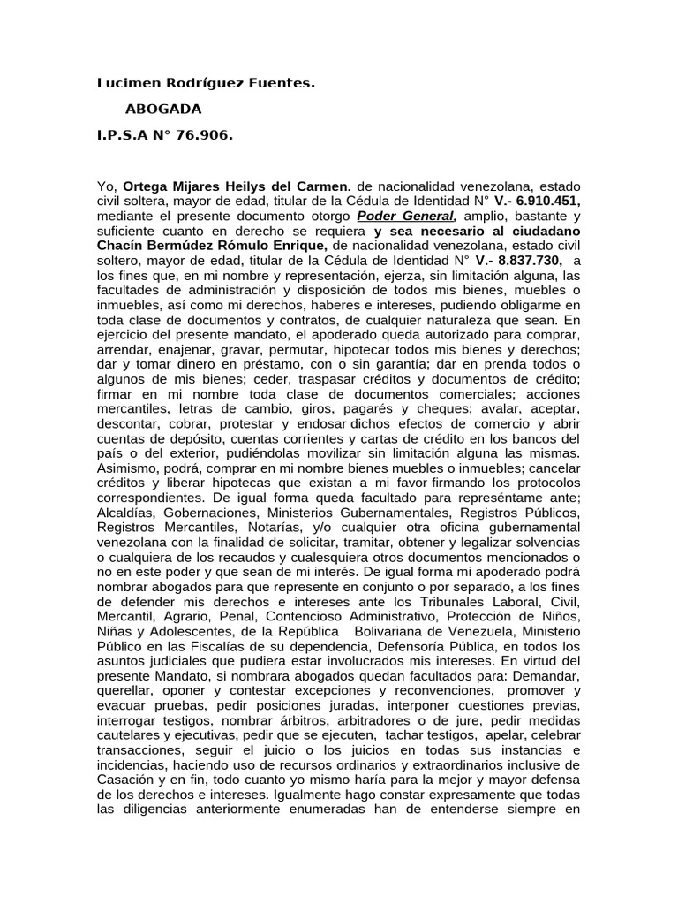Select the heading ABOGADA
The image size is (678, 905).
tap(164, 110)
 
